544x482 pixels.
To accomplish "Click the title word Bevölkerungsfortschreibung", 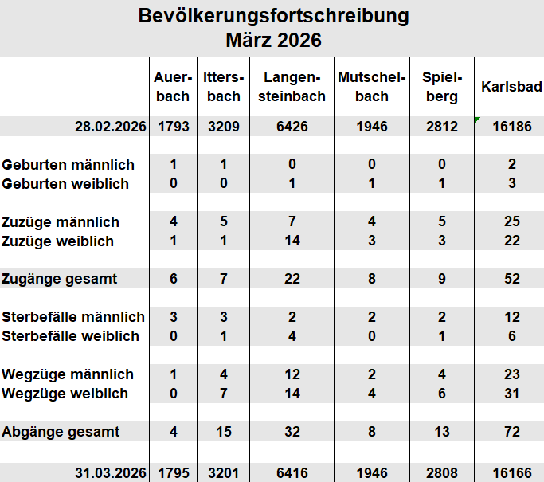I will coord(273,16).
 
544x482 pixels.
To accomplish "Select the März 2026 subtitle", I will coord(273,40).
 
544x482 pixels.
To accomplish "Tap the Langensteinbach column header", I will coord(292,87).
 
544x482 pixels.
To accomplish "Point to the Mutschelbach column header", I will coord(373,87).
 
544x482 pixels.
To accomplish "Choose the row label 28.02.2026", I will coord(112,126).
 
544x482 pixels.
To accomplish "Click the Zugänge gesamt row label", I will coord(60,279).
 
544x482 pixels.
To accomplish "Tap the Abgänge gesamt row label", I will coord(61,432).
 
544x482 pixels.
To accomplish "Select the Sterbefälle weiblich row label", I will coord(71,336).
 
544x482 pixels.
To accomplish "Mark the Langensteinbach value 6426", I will coord(292,126).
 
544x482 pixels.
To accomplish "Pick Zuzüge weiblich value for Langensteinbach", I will coord(292,241).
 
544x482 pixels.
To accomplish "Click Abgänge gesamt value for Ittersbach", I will coord(223,432).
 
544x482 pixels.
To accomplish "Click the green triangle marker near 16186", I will coord(476,120).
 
